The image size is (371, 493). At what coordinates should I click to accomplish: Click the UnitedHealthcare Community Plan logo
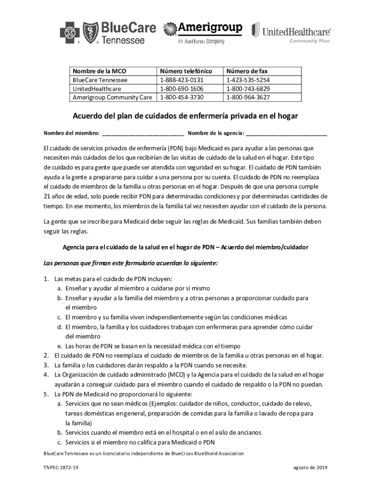click(291, 33)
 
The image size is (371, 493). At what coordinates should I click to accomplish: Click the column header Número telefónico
click(185, 71)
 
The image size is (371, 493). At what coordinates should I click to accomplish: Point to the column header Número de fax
click(247, 71)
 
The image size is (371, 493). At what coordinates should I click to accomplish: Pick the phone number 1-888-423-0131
click(182, 80)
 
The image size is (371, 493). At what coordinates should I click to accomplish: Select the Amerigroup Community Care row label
click(112, 97)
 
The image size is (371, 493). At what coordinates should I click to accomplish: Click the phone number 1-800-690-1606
click(182, 89)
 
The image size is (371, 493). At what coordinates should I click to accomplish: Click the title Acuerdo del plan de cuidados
click(185, 117)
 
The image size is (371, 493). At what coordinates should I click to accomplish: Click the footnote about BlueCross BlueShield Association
click(143, 454)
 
